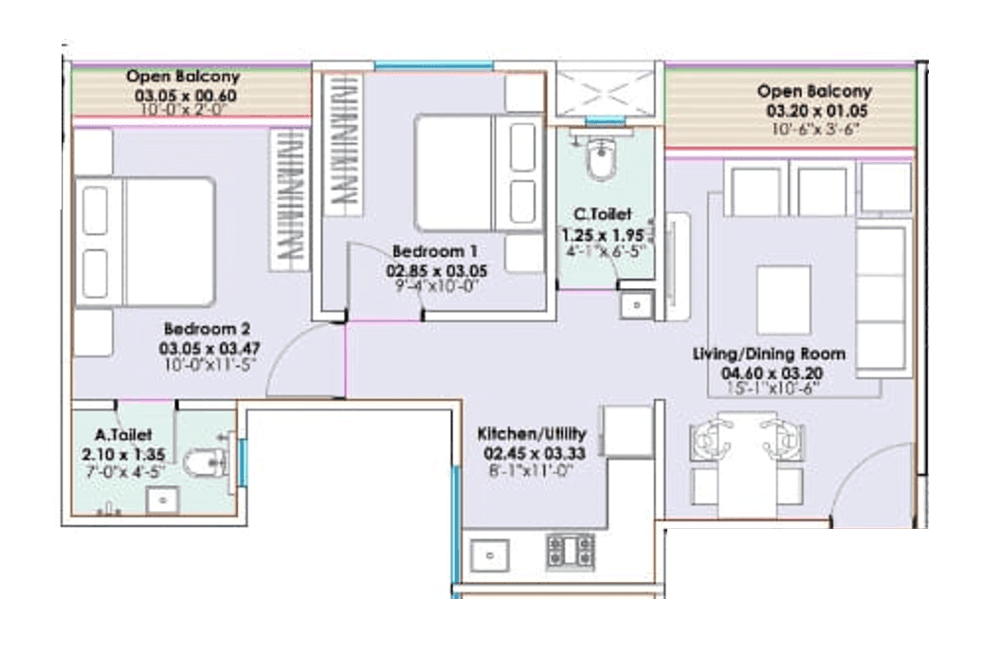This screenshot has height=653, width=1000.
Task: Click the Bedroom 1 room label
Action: [434, 252]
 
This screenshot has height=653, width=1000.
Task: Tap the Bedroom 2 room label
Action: [206, 330]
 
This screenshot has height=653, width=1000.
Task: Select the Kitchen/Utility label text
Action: [526, 434]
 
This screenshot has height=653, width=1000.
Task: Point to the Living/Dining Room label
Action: [769, 354]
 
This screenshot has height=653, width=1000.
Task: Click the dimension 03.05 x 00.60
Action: [185, 96]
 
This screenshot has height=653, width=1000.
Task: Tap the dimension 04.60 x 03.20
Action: [769, 372]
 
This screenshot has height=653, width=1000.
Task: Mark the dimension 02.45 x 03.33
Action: [526, 452]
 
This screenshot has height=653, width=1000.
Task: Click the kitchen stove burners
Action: [570, 552]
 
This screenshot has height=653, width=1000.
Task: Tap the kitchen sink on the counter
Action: [489, 555]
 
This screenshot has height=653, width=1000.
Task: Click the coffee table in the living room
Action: [783, 299]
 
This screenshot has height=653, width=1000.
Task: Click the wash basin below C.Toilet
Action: [634, 306]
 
